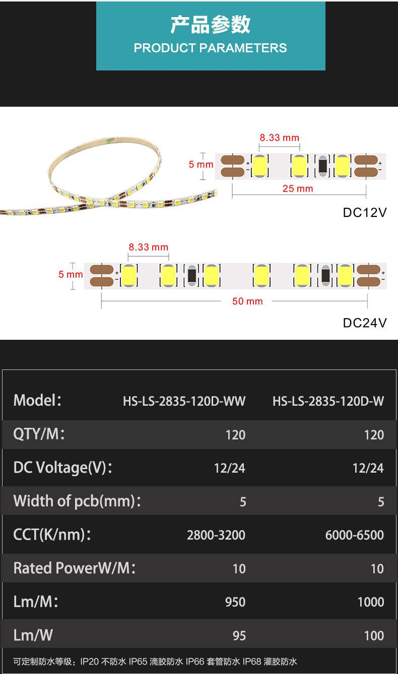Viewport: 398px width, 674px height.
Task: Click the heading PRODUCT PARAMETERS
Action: click(210, 48)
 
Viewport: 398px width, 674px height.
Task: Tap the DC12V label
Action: click(365, 212)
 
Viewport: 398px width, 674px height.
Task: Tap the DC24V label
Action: click(365, 323)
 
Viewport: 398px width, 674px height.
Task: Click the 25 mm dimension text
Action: click(298, 189)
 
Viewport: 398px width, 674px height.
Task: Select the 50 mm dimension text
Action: click(247, 301)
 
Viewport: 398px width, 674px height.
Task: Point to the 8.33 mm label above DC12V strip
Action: click(279, 137)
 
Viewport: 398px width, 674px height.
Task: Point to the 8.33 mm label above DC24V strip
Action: click(148, 247)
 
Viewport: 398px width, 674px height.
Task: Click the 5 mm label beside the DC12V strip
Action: click(201, 165)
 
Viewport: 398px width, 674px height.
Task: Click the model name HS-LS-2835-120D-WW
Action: click(184, 401)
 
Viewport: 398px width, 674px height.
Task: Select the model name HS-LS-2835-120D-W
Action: click(328, 401)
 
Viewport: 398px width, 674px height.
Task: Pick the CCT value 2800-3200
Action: click(216, 535)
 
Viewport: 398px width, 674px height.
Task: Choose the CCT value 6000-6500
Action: click(354, 535)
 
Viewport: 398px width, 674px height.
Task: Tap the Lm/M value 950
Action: click(235, 602)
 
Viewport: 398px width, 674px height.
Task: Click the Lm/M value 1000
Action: click(370, 602)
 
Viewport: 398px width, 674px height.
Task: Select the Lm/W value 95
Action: click(239, 636)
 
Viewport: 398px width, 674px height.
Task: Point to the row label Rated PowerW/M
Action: click(75, 568)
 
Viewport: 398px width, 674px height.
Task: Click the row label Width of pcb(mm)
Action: click(77, 501)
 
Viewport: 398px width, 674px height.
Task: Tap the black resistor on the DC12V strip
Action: click(322, 166)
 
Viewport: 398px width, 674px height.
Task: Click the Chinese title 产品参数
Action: click(210, 25)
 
